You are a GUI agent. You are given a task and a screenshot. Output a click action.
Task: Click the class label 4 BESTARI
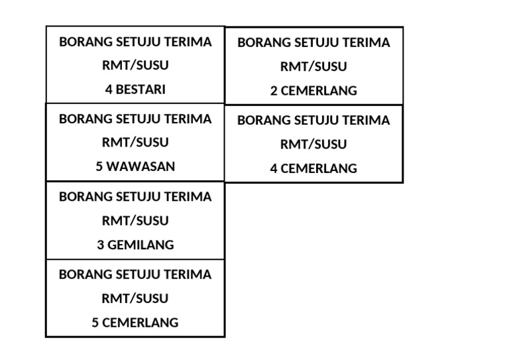135,90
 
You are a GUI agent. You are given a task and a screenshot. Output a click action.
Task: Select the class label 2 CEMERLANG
313,91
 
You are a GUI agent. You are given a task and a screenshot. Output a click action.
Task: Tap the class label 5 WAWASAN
135,166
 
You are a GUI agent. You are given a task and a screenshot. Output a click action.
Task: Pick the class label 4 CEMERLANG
313,168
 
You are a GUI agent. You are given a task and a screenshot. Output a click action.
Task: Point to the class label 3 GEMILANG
135,245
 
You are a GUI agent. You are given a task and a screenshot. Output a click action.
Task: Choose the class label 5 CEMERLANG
135,323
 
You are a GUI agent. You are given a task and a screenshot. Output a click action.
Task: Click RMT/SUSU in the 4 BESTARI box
135,66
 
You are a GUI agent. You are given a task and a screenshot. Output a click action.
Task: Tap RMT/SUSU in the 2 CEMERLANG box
313,66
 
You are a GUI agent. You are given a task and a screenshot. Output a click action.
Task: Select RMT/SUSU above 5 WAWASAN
135,142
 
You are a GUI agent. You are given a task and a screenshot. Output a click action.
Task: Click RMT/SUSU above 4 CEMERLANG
313,144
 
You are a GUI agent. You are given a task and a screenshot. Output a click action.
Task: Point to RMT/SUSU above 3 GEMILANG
135,220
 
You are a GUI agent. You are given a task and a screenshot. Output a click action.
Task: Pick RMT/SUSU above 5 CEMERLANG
135,298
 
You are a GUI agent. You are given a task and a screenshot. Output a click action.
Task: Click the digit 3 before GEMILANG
101,245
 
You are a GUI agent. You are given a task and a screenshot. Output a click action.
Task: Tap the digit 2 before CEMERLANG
274,91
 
